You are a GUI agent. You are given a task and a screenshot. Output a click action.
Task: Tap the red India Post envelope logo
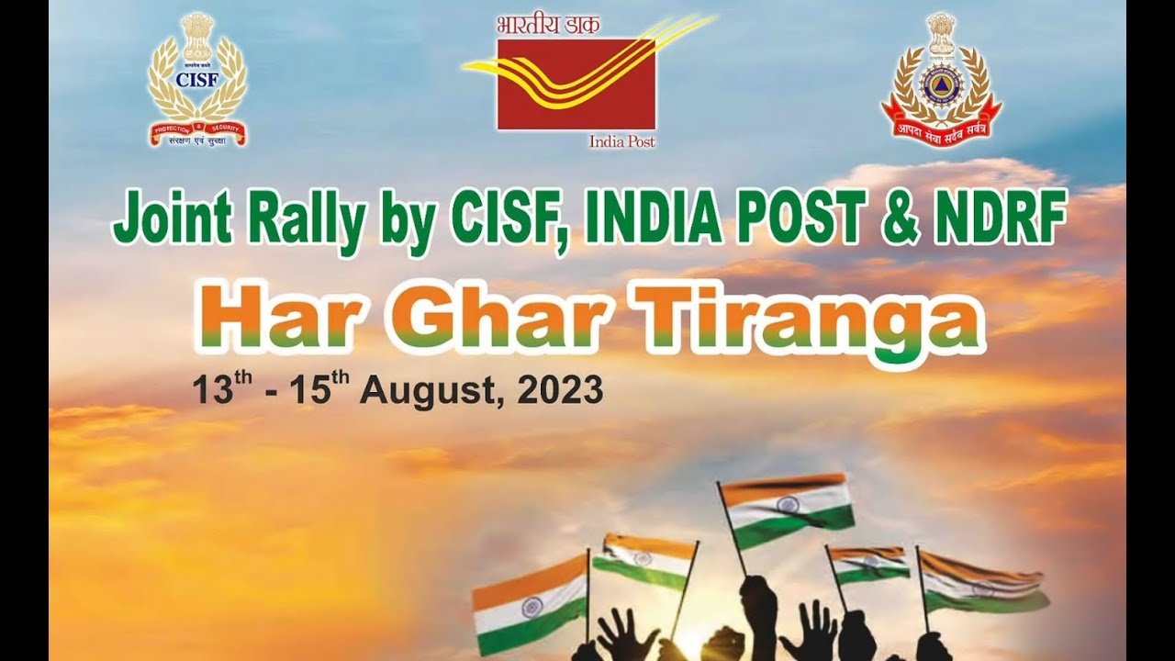(576, 84)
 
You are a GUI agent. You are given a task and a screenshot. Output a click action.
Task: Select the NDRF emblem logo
(941, 78)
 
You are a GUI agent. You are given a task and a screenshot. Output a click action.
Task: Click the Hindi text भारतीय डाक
(548, 25)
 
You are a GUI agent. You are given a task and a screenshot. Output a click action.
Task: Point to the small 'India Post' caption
(621, 141)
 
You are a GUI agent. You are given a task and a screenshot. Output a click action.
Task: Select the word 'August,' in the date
(433, 391)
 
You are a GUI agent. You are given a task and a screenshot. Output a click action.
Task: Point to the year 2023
(560, 390)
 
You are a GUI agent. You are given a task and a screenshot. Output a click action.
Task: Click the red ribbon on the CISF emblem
(197, 134)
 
